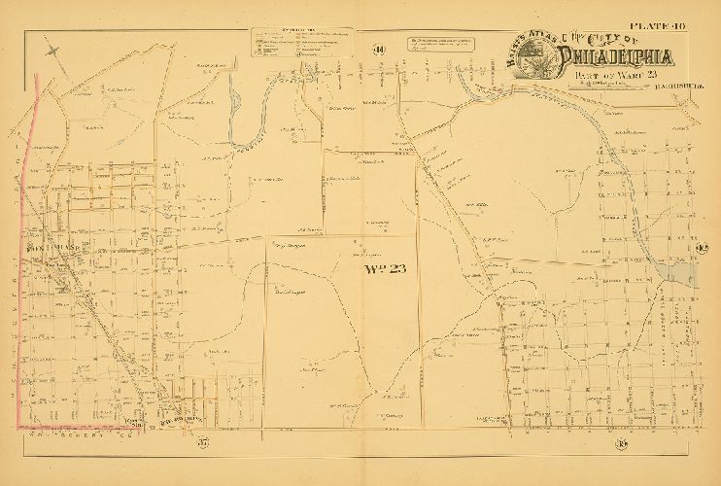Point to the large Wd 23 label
point(387,269)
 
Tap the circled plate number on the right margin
point(701,249)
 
